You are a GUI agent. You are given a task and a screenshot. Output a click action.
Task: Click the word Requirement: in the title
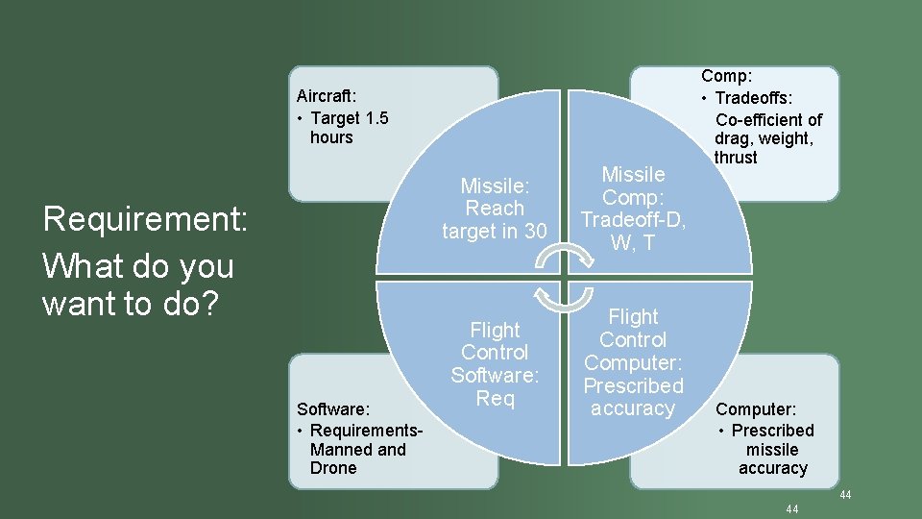coord(146,219)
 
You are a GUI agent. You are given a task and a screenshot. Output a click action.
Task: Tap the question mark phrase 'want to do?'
coord(132,304)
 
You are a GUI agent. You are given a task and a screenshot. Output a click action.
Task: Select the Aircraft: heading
coord(327,95)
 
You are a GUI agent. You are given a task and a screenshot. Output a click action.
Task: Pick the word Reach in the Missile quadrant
coord(495,208)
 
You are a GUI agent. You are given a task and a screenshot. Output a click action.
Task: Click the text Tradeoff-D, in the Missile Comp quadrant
coord(633,220)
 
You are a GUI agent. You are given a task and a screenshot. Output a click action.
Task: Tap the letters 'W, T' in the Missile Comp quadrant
coord(633,243)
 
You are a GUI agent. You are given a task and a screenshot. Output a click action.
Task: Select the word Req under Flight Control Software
coord(495,398)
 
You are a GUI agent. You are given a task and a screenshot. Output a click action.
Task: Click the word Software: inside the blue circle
coord(495,375)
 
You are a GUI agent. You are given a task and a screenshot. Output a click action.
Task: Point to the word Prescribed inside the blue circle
coord(633,385)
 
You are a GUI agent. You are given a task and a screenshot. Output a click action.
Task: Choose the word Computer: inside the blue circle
coord(633,362)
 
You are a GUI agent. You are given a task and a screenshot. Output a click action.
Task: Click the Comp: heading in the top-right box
coord(727,76)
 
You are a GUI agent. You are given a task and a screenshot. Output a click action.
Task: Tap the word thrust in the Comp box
coord(736,157)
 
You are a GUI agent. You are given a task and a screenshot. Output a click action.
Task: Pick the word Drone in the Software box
coord(332,468)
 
